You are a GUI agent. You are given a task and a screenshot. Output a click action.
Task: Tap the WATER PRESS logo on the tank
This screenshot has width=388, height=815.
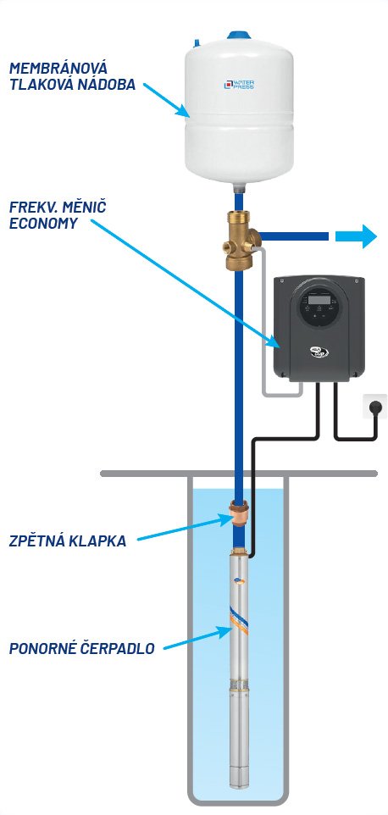click(x=239, y=83)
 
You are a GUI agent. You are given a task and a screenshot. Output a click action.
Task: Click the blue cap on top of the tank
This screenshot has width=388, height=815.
click(x=238, y=36)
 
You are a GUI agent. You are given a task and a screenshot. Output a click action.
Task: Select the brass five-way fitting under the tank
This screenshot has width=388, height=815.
click(x=241, y=240)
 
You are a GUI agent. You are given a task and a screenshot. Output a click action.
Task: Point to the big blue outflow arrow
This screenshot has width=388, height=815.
click(x=356, y=236)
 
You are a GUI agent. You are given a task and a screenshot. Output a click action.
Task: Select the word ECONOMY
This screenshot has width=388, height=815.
click(x=43, y=224)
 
